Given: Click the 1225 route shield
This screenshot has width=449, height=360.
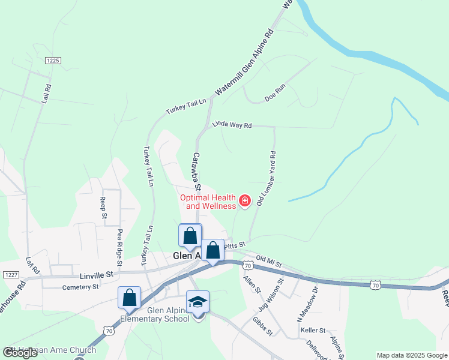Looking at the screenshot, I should click(52, 61).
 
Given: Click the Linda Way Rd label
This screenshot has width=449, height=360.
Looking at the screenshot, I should click(232, 125).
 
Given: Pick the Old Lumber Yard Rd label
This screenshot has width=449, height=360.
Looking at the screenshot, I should click(267, 179).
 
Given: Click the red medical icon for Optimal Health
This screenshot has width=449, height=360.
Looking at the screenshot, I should click(245, 200).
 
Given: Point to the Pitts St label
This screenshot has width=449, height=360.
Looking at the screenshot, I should click(235, 245).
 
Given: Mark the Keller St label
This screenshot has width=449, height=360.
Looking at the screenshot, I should click(313, 331).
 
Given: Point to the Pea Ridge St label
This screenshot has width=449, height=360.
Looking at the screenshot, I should click(119, 247).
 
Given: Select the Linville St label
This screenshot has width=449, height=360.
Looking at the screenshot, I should click(97, 274).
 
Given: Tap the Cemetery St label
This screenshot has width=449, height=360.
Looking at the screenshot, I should click(80, 287).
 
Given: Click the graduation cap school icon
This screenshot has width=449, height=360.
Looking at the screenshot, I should click(197, 302).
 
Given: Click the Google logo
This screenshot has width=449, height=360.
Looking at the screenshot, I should click(20, 353).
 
